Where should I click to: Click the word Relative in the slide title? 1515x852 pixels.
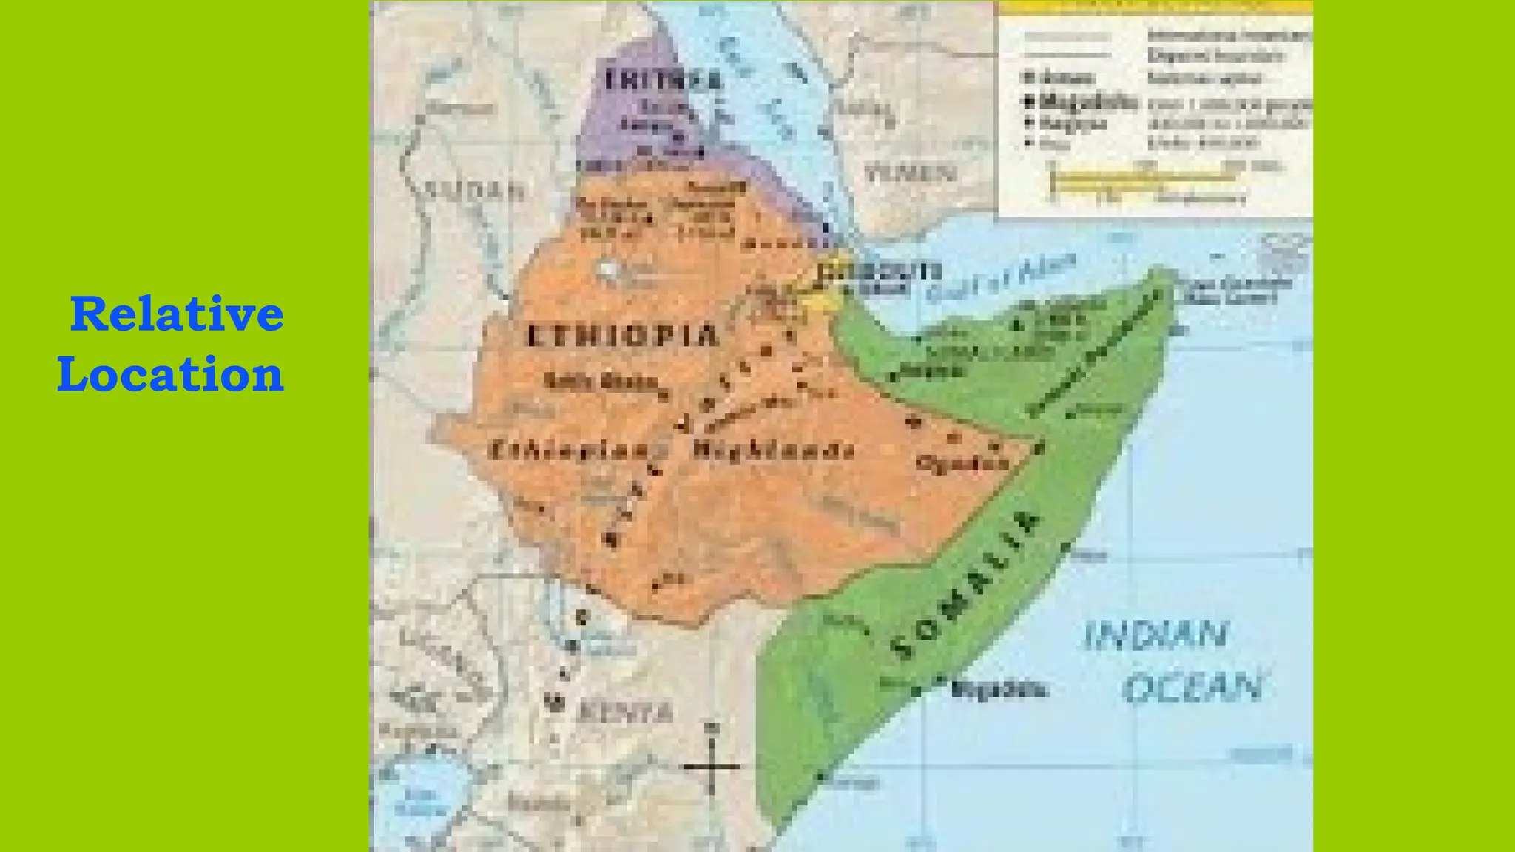coord(177,314)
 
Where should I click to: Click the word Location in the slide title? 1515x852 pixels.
coord(171,374)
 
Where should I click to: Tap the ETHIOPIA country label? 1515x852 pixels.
coord(622,337)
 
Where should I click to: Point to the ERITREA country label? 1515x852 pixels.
coord(663,80)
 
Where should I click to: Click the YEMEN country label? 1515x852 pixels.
coord(910,174)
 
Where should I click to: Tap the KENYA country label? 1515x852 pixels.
coord(625,712)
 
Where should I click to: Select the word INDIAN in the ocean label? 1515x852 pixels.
coord(1155,635)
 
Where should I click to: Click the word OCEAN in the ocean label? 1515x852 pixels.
coord(1192,688)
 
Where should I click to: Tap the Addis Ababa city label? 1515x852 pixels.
coord(601,382)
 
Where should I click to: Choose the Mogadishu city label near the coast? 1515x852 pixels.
coord(999,690)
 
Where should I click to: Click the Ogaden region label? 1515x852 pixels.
coord(962,464)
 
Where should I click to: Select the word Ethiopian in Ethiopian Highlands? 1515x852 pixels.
coord(568,450)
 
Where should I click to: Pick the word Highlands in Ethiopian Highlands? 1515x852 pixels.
coord(774,450)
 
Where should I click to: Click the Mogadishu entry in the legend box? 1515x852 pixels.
coord(1087,102)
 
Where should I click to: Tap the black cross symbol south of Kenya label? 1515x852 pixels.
coord(712,766)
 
